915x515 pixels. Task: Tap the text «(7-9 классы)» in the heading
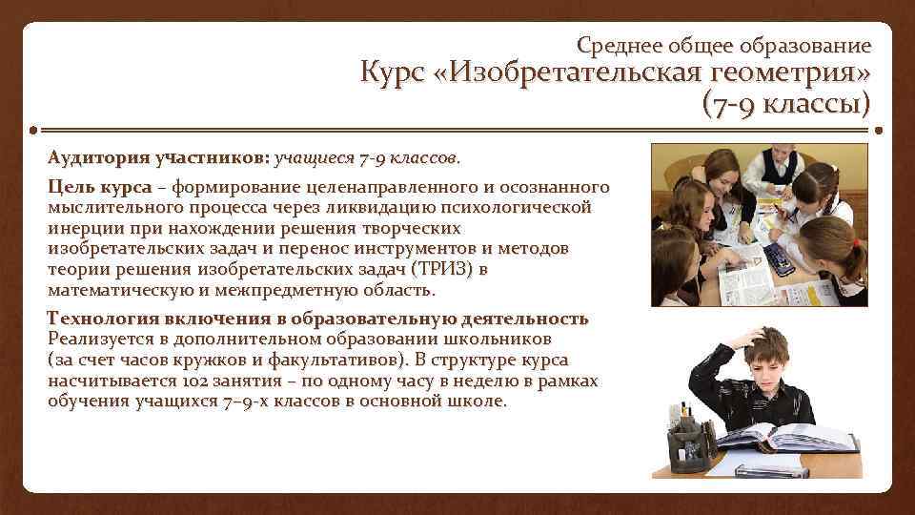[x=785, y=103]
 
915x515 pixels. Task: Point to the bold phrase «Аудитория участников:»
[x=159, y=154]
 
